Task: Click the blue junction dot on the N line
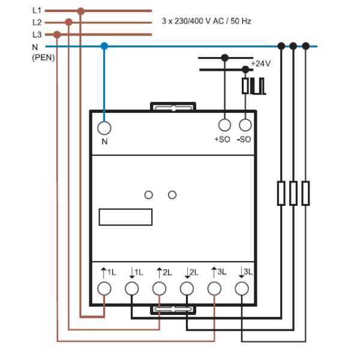[104, 46]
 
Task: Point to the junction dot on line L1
[80, 11]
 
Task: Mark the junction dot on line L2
[68, 22]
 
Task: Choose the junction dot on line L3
[57, 35]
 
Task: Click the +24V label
[261, 64]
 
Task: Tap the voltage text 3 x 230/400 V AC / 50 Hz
[206, 21]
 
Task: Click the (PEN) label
[43, 58]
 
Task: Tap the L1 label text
[37, 10]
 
